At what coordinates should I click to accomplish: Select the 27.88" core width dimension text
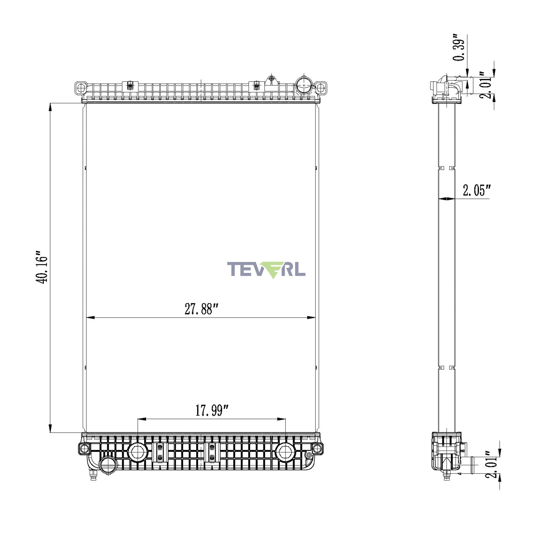click(x=202, y=309)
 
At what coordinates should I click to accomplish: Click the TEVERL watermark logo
click(x=266, y=270)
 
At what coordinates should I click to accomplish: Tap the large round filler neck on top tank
click(x=304, y=86)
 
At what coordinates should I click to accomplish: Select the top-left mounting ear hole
click(x=81, y=88)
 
